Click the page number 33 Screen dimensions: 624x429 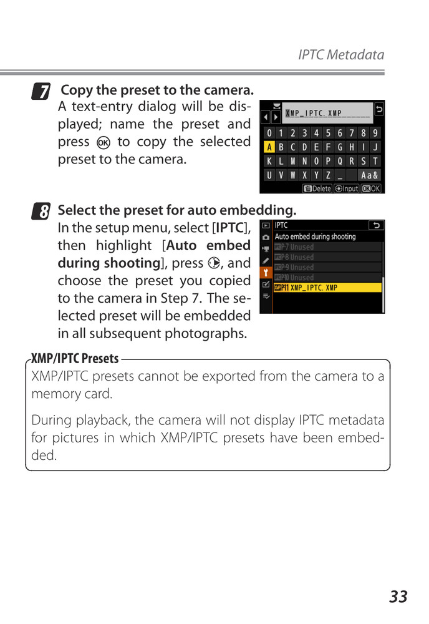tap(398, 597)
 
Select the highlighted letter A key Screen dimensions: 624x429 tap(269, 147)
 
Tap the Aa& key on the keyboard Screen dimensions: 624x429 tap(369, 175)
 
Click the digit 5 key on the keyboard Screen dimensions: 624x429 tap(328, 133)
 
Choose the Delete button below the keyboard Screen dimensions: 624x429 tap(317, 188)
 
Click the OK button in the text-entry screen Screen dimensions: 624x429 tap(370, 188)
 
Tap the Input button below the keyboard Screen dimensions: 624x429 tap(347, 188)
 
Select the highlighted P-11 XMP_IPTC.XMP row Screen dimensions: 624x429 tap(327, 288)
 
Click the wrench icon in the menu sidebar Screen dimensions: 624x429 tap(266, 272)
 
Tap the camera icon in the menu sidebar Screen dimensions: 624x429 tap(266, 237)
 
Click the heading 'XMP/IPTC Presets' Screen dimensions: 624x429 tap(75, 359)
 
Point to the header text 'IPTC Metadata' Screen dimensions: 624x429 tap(340, 55)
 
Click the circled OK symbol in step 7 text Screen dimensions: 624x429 tap(104, 142)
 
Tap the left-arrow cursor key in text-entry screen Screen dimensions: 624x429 tap(264, 117)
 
